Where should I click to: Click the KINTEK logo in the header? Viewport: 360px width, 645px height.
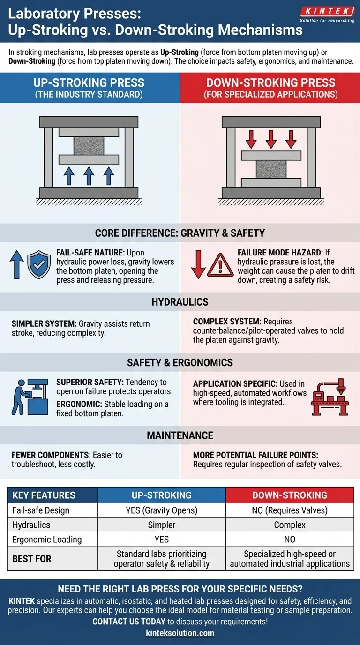point(327,14)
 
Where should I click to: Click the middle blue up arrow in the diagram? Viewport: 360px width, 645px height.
point(89,176)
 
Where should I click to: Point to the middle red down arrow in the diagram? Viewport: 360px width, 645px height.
point(271,139)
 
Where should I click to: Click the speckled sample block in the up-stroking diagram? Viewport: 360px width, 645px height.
point(89,146)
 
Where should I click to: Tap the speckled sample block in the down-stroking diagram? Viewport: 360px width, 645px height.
point(271,169)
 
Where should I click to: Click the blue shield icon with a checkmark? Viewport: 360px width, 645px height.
point(39,264)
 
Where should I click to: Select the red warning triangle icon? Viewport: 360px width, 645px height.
point(220,265)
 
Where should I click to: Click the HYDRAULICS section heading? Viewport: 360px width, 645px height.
point(180,302)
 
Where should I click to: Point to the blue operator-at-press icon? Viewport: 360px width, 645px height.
point(30,397)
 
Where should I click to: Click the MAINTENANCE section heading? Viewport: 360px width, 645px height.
point(180,435)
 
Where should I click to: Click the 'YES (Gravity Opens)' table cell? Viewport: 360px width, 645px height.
point(162,510)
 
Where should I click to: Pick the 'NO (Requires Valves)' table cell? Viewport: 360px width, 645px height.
point(290,510)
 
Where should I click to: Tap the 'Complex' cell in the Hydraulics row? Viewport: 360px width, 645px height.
point(290,525)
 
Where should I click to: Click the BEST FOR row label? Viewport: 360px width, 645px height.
point(32,559)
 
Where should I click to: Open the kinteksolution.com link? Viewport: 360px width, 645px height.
point(180,633)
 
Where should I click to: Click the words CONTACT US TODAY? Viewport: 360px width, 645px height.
point(129,622)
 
